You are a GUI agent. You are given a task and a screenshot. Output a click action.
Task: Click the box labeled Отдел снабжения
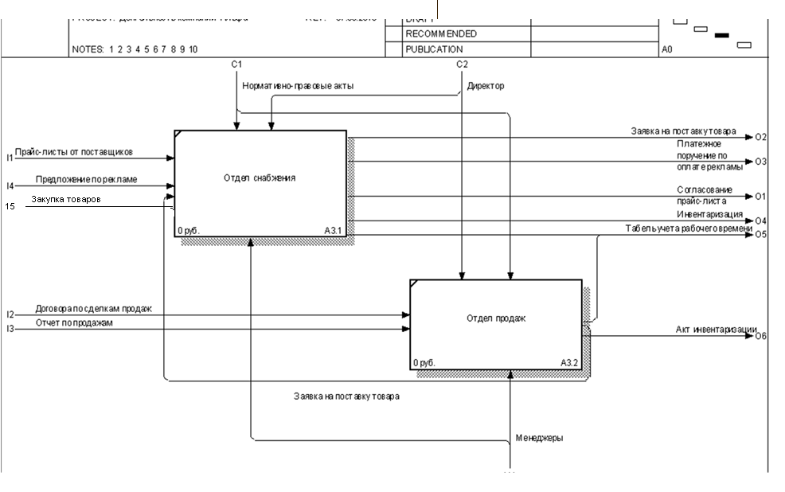(x=260, y=183)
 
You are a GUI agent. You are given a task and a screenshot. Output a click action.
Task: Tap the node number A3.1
(x=334, y=231)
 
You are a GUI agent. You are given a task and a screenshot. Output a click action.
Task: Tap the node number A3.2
(x=569, y=363)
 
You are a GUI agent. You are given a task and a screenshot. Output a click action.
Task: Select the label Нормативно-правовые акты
(x=298, y=85)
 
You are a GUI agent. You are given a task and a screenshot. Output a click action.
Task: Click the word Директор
(x=485, y=85)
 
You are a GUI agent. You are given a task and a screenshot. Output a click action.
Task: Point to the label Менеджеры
(x=540, y=438)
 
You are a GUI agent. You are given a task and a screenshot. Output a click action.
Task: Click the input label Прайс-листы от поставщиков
(x=73, y=151)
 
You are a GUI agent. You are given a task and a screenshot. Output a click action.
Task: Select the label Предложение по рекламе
(x=86, y=180)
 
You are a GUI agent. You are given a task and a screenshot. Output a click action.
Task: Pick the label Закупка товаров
(x=66, y=200)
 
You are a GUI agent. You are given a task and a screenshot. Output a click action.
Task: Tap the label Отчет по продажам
(x=75, y=322)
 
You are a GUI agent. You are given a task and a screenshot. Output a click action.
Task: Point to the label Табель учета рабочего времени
(x=689, y=229)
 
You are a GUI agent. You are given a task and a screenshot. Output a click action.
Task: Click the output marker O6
(x=761, y=336)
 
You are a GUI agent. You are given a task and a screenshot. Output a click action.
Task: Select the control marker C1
(x=236, y=64)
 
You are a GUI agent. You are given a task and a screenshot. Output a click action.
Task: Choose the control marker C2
(x=462, y=64)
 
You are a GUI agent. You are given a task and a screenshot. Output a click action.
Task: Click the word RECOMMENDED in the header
(x=441, y=34)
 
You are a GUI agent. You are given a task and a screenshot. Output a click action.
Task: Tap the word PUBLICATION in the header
(x=434, y=49)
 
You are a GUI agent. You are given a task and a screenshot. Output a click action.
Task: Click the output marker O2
(x=761, y=137)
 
